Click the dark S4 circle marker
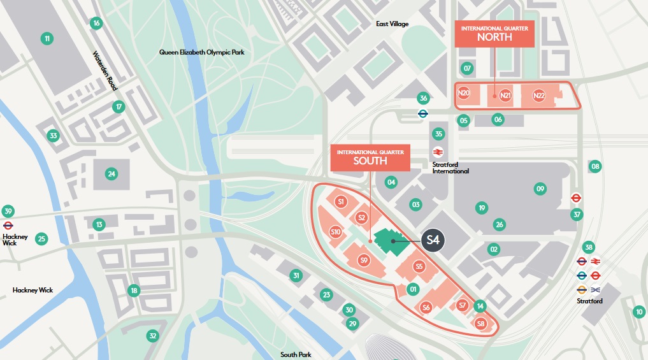pos(433,241)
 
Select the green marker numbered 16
pos(96,24)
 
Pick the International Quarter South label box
pos(370,157)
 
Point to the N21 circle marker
pos(506,96)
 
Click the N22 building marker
pos(539,96)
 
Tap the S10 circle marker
pos(336,232)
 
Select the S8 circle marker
pos(481,324)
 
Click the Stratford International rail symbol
pos(438,152)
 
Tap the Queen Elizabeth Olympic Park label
pos(201,52)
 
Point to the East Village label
pos(392,24)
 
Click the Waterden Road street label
pos(102,70)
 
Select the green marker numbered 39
pos(8,212)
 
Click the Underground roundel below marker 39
pos(8,226)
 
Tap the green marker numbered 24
pos(112,174)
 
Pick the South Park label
pos(296,354)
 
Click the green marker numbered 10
pos(638,312)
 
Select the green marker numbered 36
pos(422,98)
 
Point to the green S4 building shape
pos(389,242)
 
